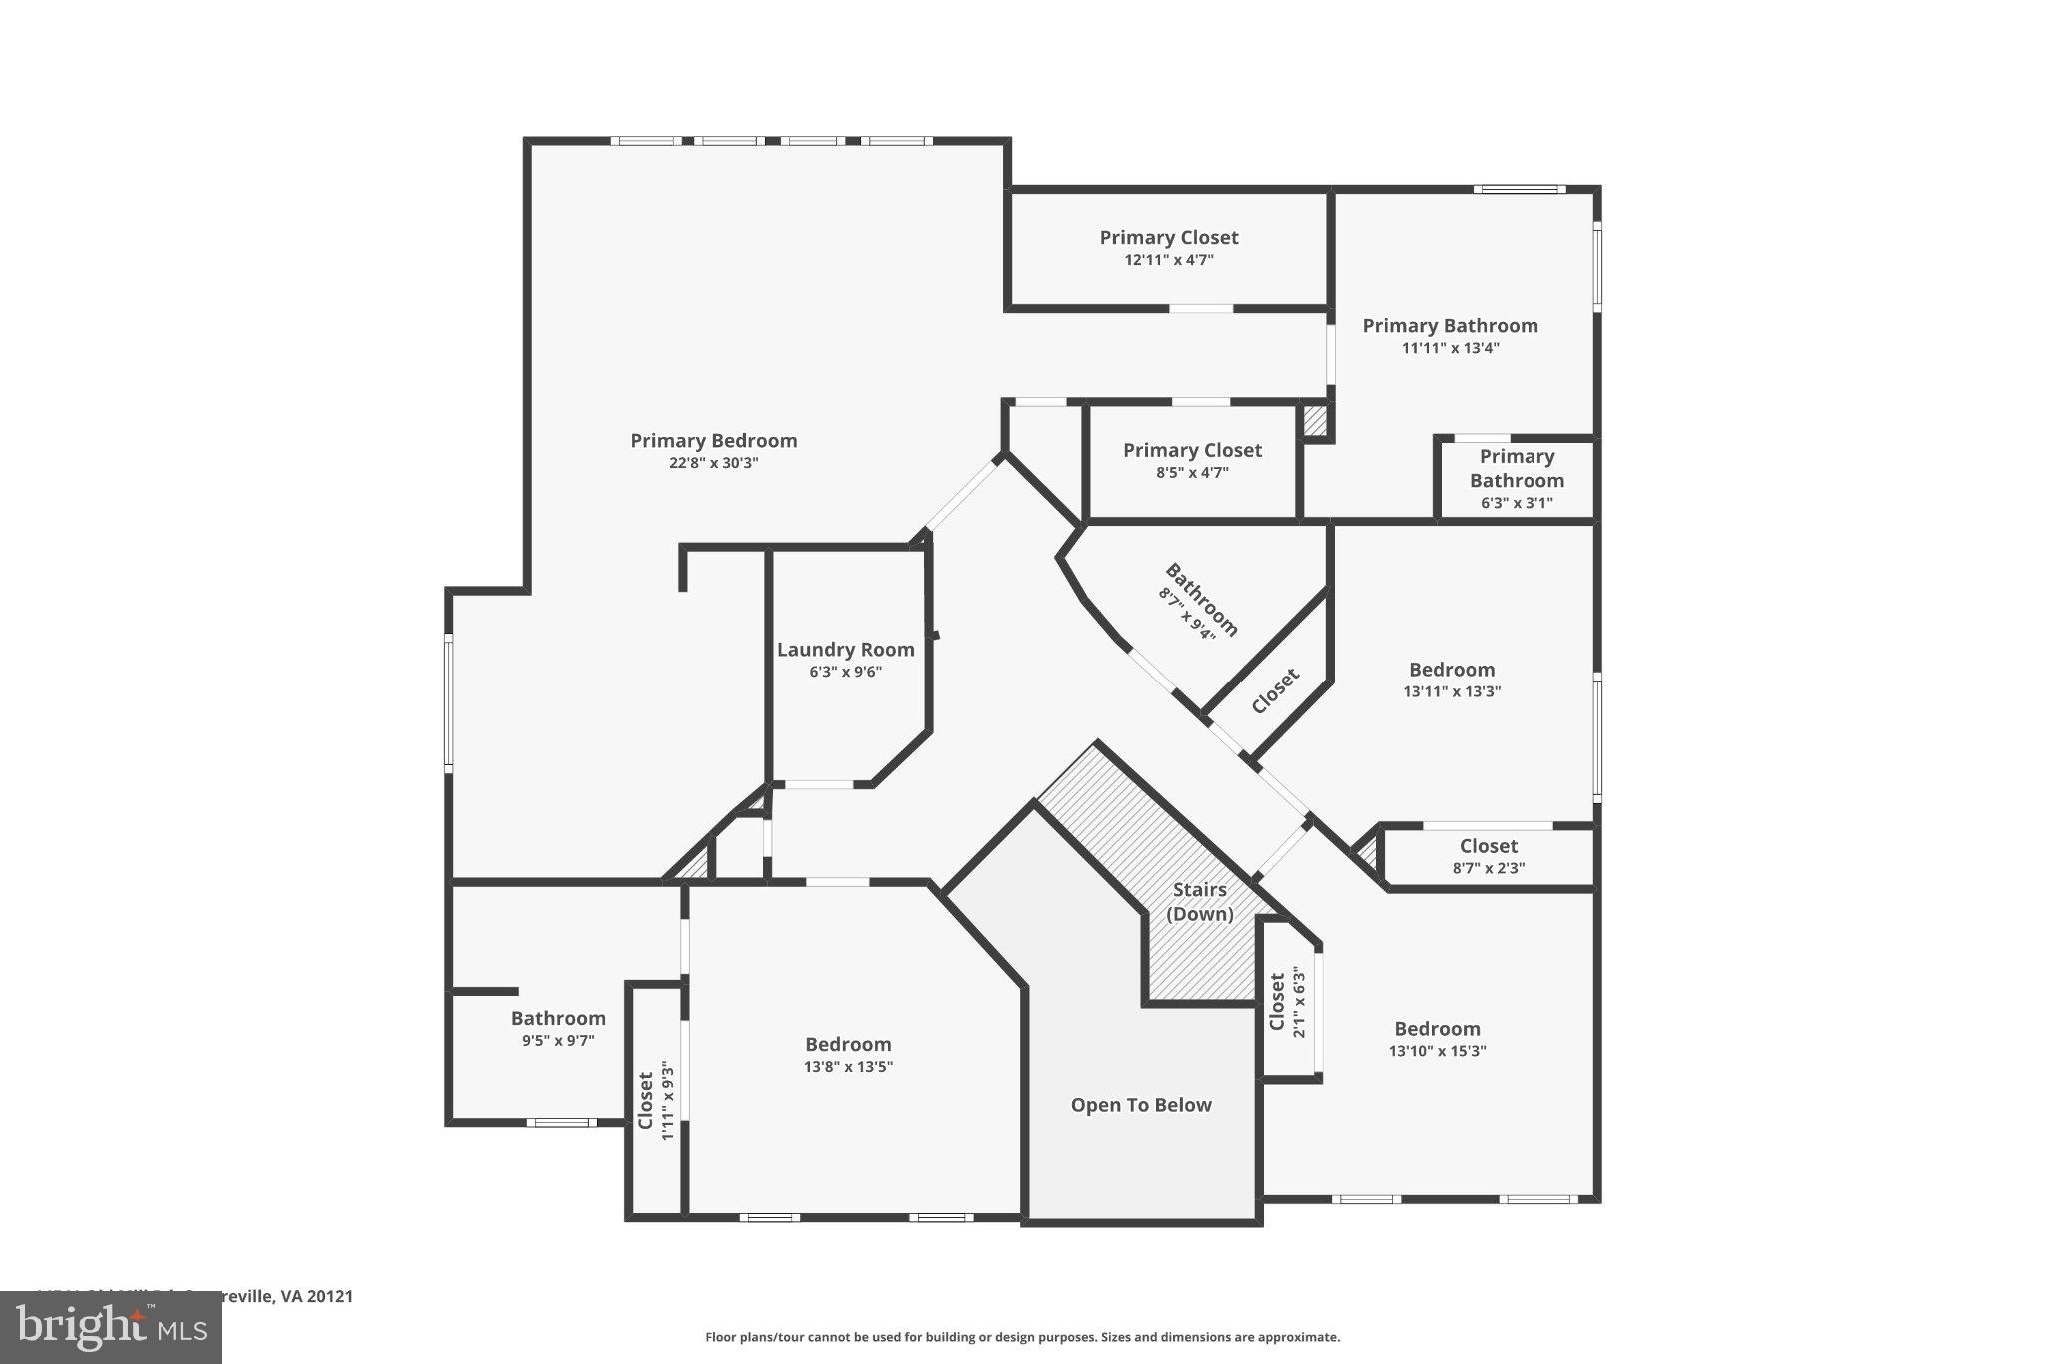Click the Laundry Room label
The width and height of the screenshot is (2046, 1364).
(x=845, y=650)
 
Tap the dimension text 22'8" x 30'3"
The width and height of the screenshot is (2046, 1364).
(x=713, y=463)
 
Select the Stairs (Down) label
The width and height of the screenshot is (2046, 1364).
(x=1199, y=901)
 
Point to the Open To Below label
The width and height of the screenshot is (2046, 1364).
(x=1141, y=1105)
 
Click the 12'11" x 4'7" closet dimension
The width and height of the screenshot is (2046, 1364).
(x=1169, y=260)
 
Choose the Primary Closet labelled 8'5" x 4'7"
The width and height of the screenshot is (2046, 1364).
(x=1192, y=451)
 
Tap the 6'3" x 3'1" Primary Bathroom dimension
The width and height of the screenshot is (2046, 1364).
(x=1517, y=503)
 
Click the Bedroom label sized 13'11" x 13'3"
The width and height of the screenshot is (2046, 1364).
(x=1452, y=670)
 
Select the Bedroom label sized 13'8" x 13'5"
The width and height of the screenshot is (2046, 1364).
(x=848, y=1045)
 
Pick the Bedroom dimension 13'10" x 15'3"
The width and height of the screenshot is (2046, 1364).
(x=1437, y=1051)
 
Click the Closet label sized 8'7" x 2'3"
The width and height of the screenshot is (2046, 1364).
(x=1488, y=846)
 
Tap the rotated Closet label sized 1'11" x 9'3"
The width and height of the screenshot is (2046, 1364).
(x=646, y=1100)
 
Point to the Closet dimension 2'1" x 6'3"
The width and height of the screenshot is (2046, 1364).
(x=1299, y=1002)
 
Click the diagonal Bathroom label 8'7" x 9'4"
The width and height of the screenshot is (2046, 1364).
(x=1202, y=600)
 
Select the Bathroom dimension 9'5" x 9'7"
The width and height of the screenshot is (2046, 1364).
(x=558, y=1040)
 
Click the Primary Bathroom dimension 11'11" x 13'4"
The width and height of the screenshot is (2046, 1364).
(x=1450, y=348)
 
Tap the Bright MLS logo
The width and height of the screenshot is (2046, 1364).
(x=110, y=1327)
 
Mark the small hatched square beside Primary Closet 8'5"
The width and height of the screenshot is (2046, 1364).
(x=1315, y=420)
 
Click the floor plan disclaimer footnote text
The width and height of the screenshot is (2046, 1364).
(x=1022, y=1337)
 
